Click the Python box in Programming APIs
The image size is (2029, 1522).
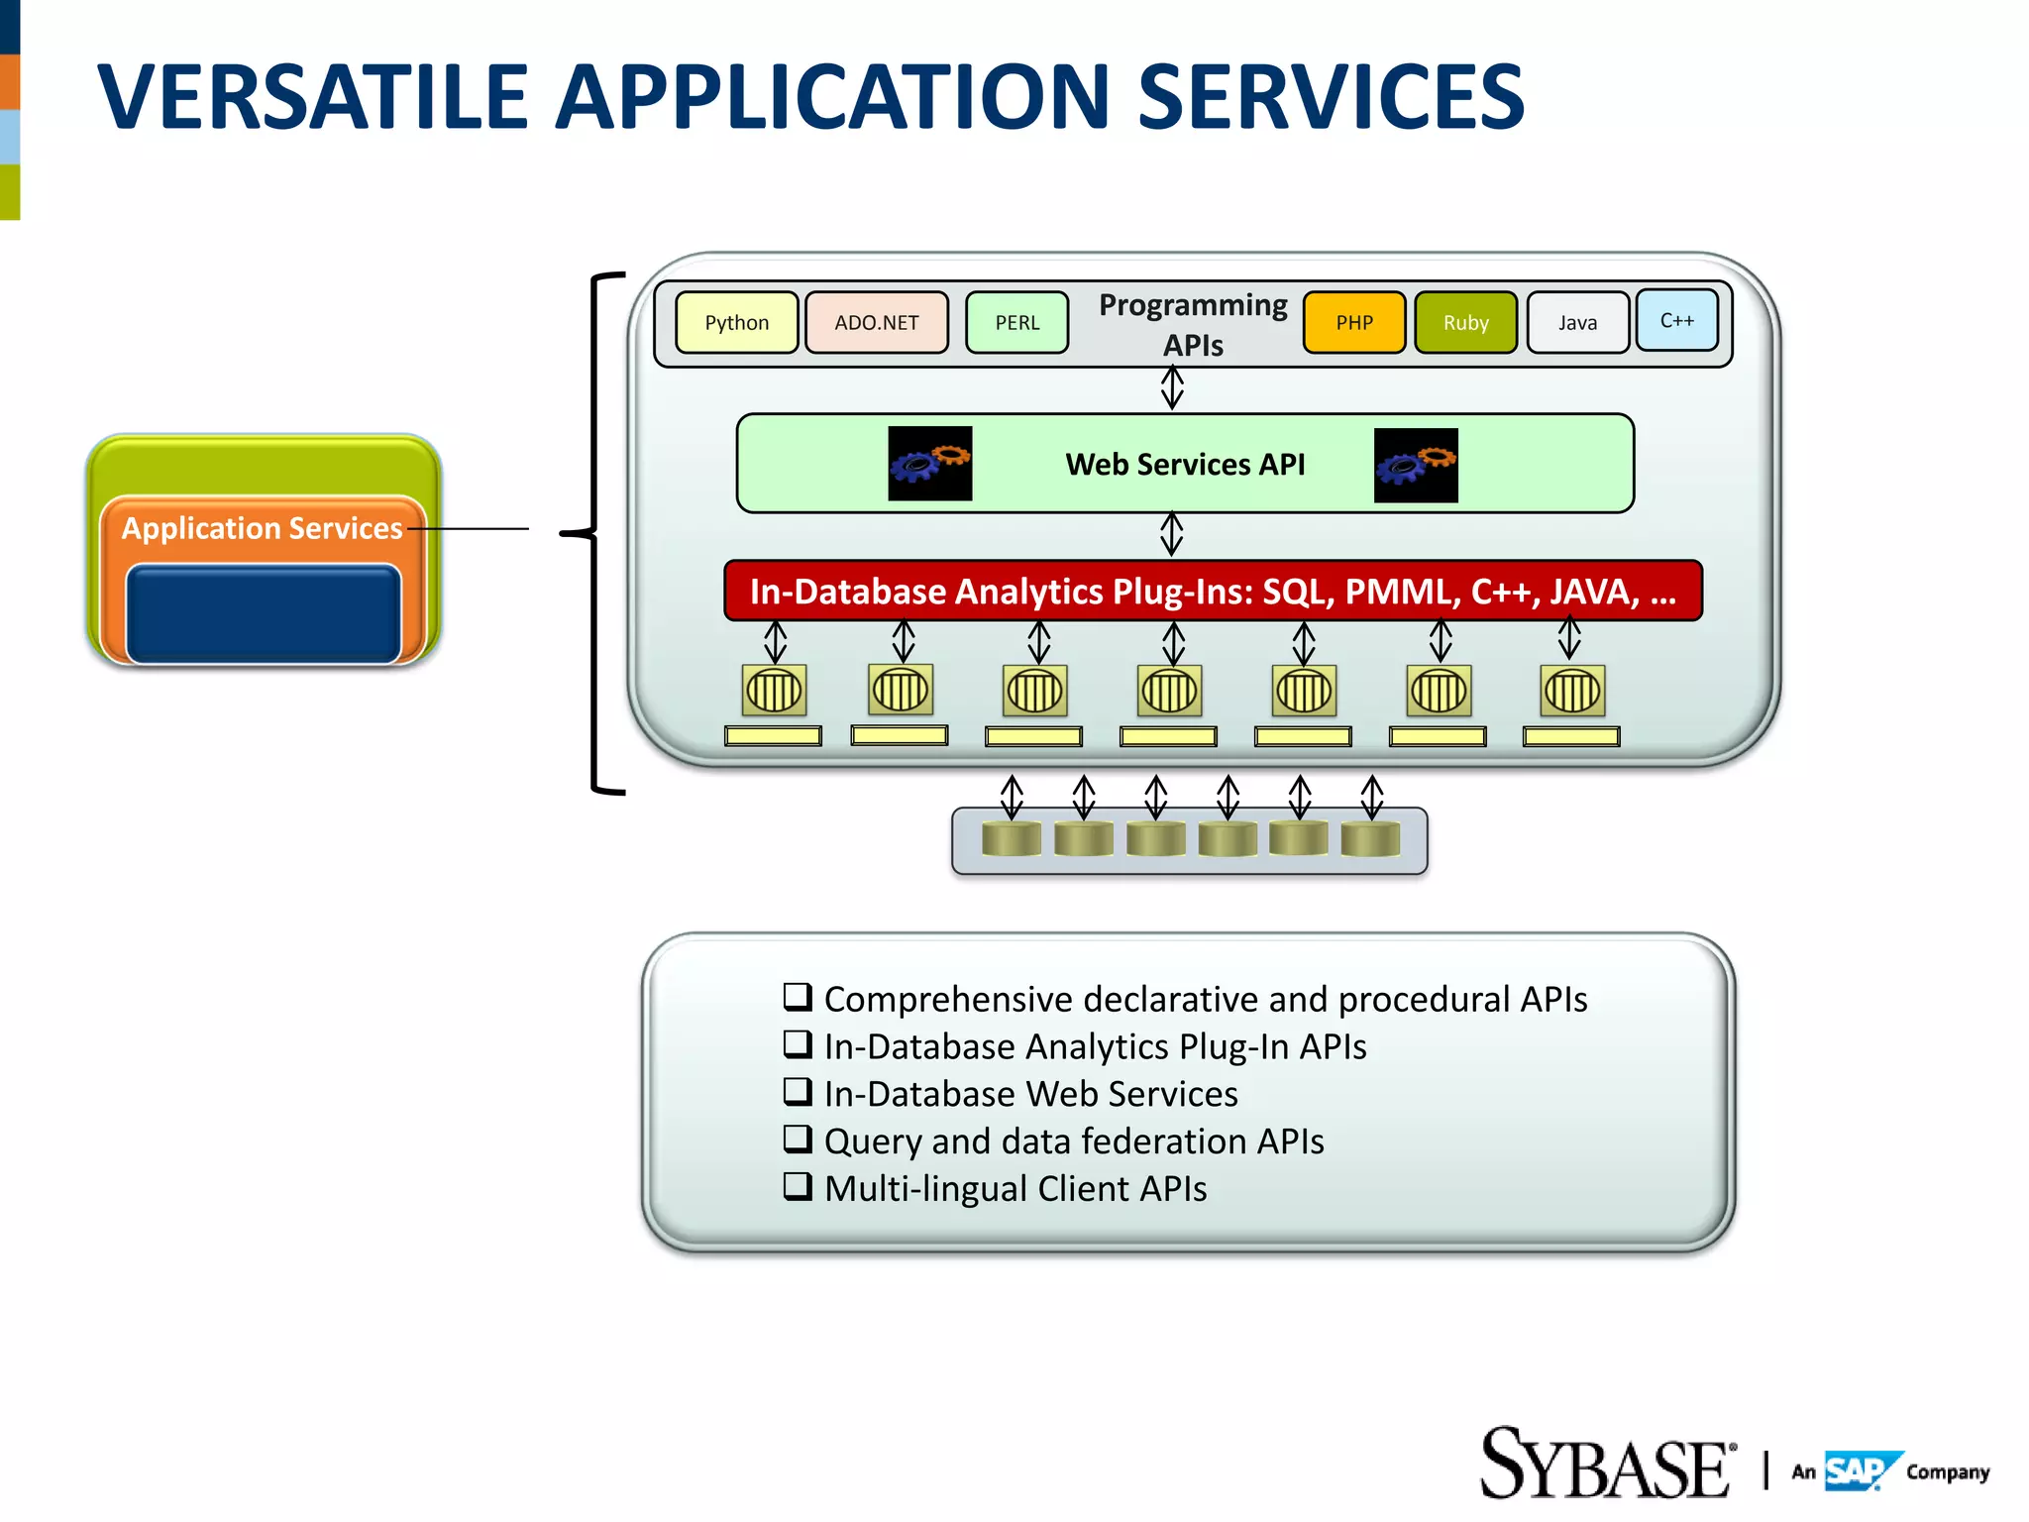point(736,323)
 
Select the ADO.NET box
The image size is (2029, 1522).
point(876,323)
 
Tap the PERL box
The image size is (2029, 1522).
point(1016,323)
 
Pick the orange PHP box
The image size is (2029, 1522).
point(1353,323)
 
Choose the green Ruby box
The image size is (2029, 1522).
point(1465,323)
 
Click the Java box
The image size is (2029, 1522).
point(1577,323)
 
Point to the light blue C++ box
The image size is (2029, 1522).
point(1676,320)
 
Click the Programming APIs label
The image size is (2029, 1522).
point(1193,324)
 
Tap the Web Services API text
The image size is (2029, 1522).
point(1185,465)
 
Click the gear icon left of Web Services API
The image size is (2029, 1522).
point(929,464)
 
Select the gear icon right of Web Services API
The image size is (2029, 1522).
point(1416,466)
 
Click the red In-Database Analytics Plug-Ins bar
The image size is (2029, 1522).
point(1213,592)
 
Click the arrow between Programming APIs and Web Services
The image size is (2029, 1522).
point(1172,387)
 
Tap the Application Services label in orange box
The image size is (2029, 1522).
point(262,528)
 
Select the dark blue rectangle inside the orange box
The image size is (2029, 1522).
point(264,613)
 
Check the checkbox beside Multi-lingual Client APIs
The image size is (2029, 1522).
point(798,1186)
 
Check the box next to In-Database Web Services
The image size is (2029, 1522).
point(798,1091)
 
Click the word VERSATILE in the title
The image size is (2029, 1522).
point(312,97)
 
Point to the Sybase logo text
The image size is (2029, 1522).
point(1605,1466)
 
